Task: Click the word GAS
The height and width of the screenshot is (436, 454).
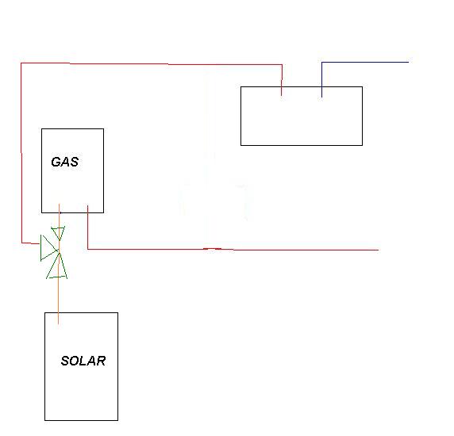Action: click(x=65, y=162)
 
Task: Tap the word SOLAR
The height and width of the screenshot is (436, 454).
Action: click(x=83, y=361)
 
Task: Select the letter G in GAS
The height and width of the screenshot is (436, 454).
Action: click(x=56, y=162)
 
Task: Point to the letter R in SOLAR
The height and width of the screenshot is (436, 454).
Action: click(x=101, y=361)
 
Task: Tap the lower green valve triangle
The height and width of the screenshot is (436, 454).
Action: click(x=57, y=266)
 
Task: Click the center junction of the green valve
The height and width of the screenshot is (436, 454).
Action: click(x=59, y=251)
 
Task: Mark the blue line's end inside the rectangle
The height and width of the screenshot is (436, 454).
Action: click(x=321, y=97)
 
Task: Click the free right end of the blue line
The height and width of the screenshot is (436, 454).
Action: click(x=408, y=62)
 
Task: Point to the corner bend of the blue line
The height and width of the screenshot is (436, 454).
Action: click(x=321, y=62)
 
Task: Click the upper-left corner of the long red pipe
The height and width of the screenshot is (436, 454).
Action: click(x=21, y=63)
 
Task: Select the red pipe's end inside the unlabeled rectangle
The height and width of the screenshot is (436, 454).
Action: click(x=282, y=95)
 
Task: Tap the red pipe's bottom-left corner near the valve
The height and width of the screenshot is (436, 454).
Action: click(x=21, y=243)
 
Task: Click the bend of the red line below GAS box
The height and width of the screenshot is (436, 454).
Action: click(x=88, y=249)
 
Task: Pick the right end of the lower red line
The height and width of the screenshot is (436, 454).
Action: click(x=379, y=250)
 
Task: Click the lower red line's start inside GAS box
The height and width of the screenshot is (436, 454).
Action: click(x=88, y=205)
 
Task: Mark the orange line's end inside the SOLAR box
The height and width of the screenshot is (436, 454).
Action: click(x=59, y=323)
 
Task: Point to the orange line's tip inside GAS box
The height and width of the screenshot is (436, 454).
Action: click(x=60, y=204)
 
